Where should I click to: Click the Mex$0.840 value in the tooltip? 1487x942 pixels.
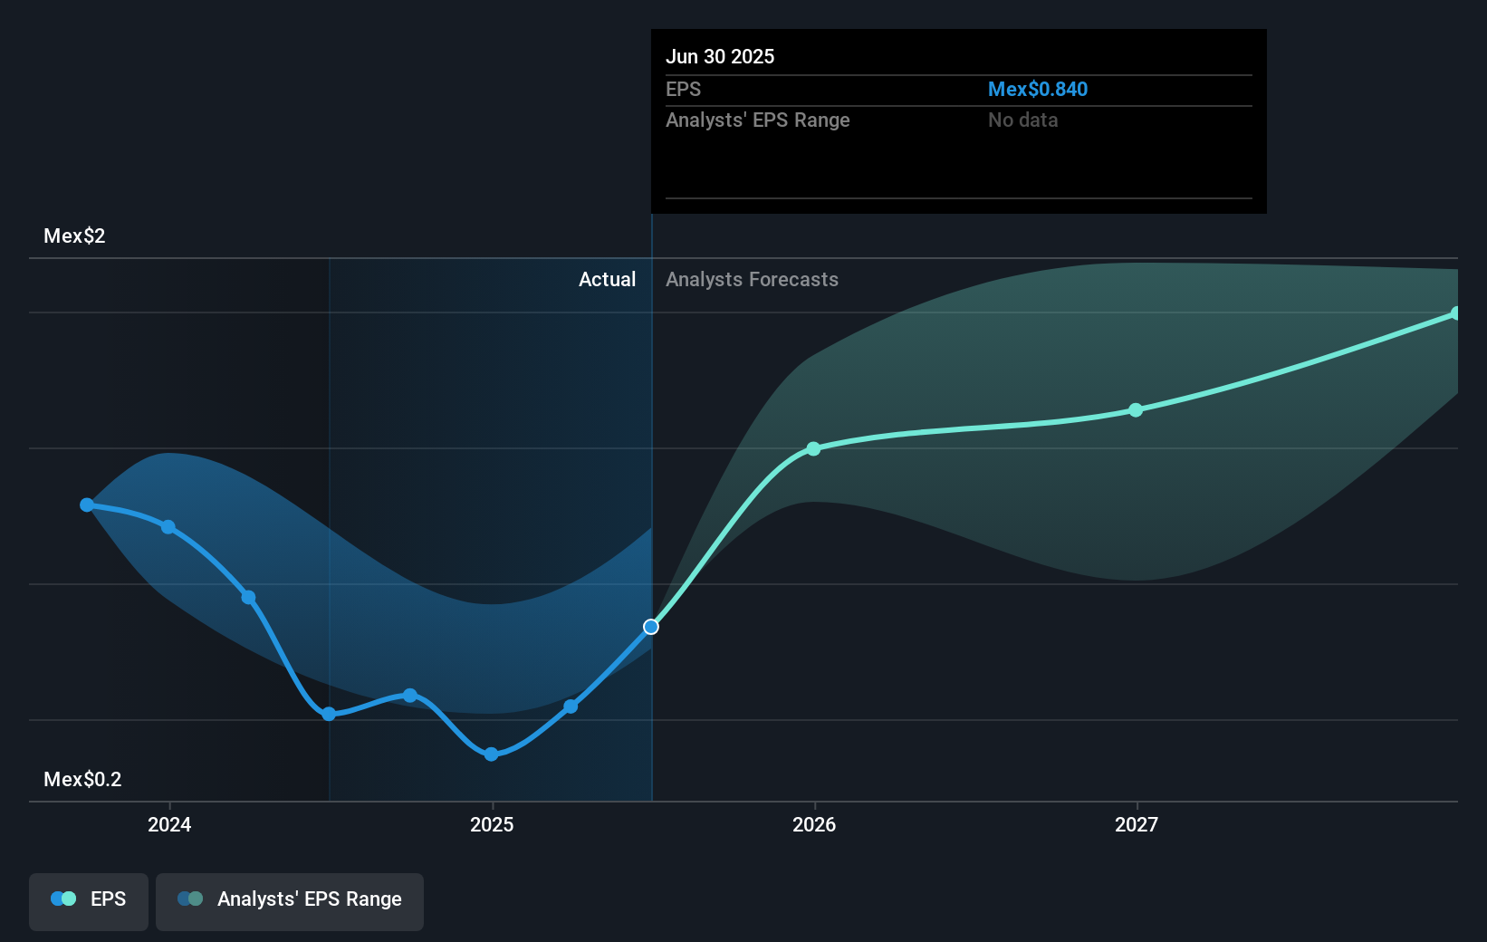click(1037, 89)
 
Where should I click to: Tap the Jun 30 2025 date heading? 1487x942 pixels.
click(720, 56)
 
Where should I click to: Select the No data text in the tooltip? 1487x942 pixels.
click(1022, 120)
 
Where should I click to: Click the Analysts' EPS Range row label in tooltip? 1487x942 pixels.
click(757, 120)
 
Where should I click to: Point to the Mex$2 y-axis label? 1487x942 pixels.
click(74, 235)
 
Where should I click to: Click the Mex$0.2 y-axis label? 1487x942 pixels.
click(82, 779)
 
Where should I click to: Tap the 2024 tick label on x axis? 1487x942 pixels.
click(169, 824)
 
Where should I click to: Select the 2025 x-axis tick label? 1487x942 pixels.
click(492, 824)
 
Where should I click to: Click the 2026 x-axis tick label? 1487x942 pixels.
click(814, 824)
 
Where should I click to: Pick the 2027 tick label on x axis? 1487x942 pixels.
click(1137, 824)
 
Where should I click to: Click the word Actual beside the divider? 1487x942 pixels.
click(607, 279)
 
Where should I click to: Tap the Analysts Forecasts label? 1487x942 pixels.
click(752, 279)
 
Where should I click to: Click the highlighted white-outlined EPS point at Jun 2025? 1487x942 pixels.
click(651, 627)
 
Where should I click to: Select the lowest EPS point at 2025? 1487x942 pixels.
click(491, 755)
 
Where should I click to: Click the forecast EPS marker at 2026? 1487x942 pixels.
click(813, 448)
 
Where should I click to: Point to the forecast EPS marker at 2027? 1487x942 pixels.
click(1136, 410)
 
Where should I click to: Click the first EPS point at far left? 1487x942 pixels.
click(87, 505)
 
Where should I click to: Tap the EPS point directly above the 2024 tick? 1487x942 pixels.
click(168, 526)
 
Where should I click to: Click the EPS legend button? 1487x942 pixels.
click(89, 900)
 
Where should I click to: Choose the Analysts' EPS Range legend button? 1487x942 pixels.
click(290, 900)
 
